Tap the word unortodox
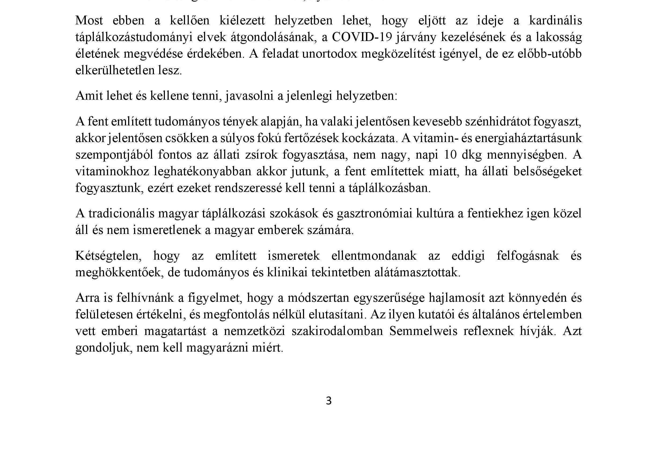pyautogui.click(x=329, y=54)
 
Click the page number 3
pyautogui.click(x=329, y=401)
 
